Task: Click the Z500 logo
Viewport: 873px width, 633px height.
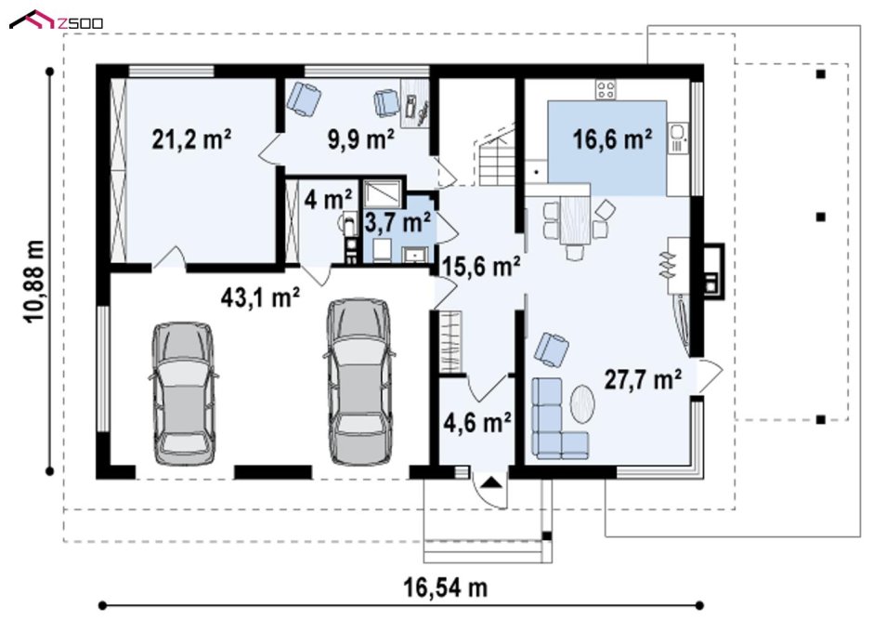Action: click(x=57, y=20)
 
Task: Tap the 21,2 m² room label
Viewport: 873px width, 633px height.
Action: click(x=191, y=138)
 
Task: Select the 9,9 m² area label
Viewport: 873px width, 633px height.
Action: click(x=361, y=139)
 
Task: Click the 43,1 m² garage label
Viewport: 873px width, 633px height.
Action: click(x=261, y=297)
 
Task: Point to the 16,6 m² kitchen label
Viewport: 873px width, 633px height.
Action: click(x=612, y=138)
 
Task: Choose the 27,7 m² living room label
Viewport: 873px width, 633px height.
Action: click(x=643, y=379)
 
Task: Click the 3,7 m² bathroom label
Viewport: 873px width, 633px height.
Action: click(x=397, y=222)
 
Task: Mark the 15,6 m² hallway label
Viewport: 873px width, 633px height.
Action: click(x=481, y=267)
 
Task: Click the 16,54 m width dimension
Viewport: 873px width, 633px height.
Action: click(x=445, y=587)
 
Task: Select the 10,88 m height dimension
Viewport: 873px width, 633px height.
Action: click(x=34, y=281)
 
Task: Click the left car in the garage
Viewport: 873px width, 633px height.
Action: click(x=183, y=393)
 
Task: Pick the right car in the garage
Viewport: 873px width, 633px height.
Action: click(x=359, y=382)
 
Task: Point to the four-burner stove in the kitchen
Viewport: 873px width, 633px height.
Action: click(x=606, y=90)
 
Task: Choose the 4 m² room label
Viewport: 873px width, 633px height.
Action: click(x=328, y=199)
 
